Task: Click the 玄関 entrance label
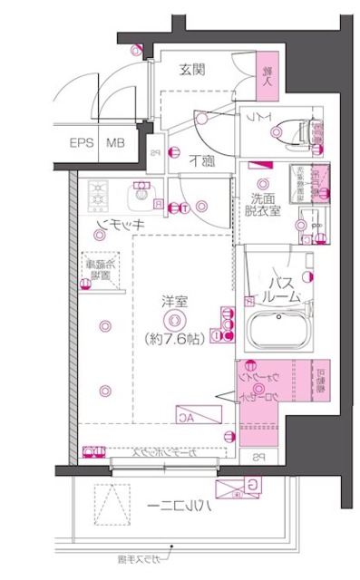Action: click(x=191, y=70)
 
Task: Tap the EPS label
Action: click(x=82, y=143)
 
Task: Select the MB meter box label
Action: click(x=116, y=143)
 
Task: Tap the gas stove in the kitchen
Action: click(x=97, y=193)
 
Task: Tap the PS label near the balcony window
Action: click(x=258, y=456)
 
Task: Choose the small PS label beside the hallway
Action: click(x=155, y=153)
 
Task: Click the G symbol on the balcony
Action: click(x=252, y=485)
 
